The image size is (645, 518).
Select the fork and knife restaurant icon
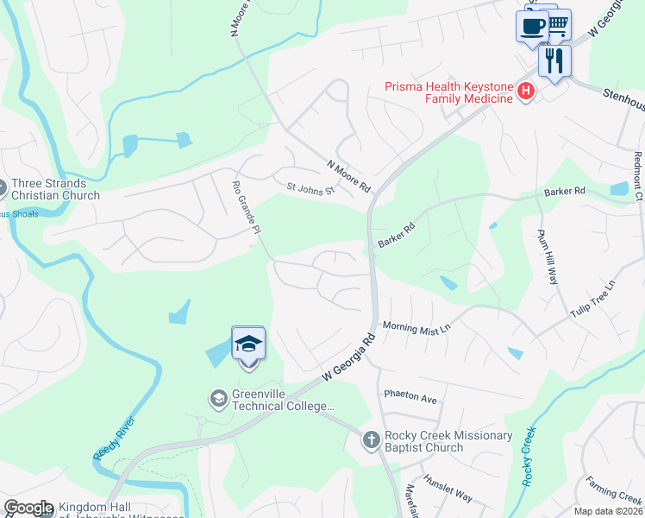[x=554, y=60]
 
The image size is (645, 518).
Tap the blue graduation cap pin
[x=248, y=344]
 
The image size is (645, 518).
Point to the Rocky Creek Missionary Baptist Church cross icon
[x=371, y=441]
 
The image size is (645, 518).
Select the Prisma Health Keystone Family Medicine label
[x=450, y=92]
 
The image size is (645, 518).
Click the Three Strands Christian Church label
[x=56, y=189]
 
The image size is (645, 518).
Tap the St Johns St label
[x=310, y=188]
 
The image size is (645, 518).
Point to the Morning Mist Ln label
[x=417, y=328]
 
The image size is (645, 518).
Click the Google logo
[x=29, y=508]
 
